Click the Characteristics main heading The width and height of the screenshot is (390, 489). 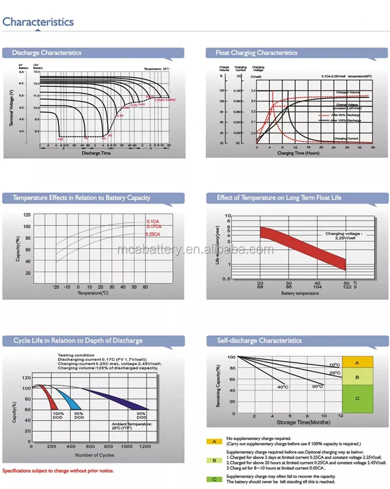pyautogui.click(x=38, y=22)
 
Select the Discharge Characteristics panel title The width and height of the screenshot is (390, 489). pyautogui.click(x=47, y=53)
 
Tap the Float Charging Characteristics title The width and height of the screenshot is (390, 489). pyautogui.click(x=256, y=53)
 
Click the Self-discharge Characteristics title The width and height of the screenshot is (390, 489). pyautogui.click(x=259, y=341)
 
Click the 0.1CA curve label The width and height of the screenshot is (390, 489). pyautogui.click(x=152, y=222)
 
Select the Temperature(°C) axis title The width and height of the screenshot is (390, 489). pyautogui.click(x=93, y=293)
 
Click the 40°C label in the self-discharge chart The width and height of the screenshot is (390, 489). pyautogui.click(x=282, y=387)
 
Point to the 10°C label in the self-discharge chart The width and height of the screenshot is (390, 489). pyautogui.click(x=334, y=365)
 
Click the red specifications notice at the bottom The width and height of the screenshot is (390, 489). pyautogui.click(x=58, y=471)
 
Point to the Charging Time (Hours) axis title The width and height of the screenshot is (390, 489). pyautogui.click(x=298, y=153)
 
